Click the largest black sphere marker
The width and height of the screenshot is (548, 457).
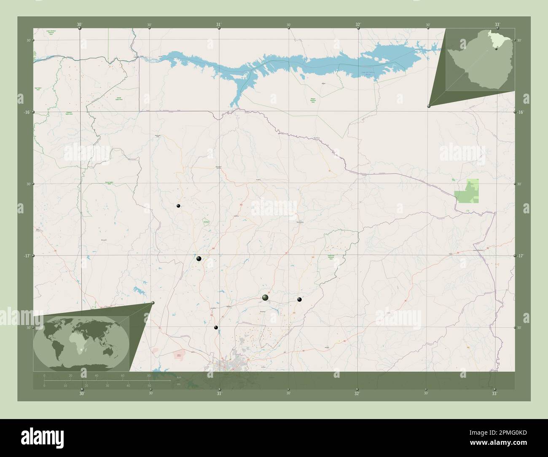(x=265, y=298)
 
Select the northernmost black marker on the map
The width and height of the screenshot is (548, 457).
(x=179, y=206)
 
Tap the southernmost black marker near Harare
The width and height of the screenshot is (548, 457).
(x=216, y=328)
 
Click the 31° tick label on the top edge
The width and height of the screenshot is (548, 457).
(x=219, y=25)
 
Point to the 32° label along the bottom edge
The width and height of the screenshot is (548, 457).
(x=357, y=394)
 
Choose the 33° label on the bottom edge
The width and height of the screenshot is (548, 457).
(x=494, y=394)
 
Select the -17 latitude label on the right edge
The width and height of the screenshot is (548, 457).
(x=520, y=255)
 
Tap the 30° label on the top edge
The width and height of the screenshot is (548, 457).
(x=80, y=25)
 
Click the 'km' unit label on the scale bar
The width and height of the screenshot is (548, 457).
(x=179, y=377)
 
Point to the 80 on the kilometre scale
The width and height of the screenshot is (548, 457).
(x=149, y=375)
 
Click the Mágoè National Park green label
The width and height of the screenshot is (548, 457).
(x=313, y=100)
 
